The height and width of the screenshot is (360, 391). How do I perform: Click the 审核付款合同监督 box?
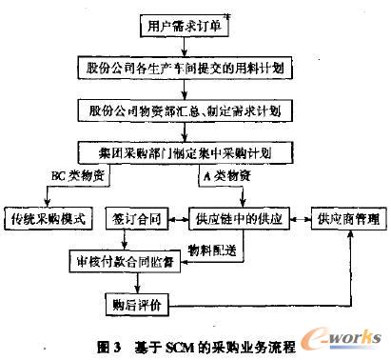111,260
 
